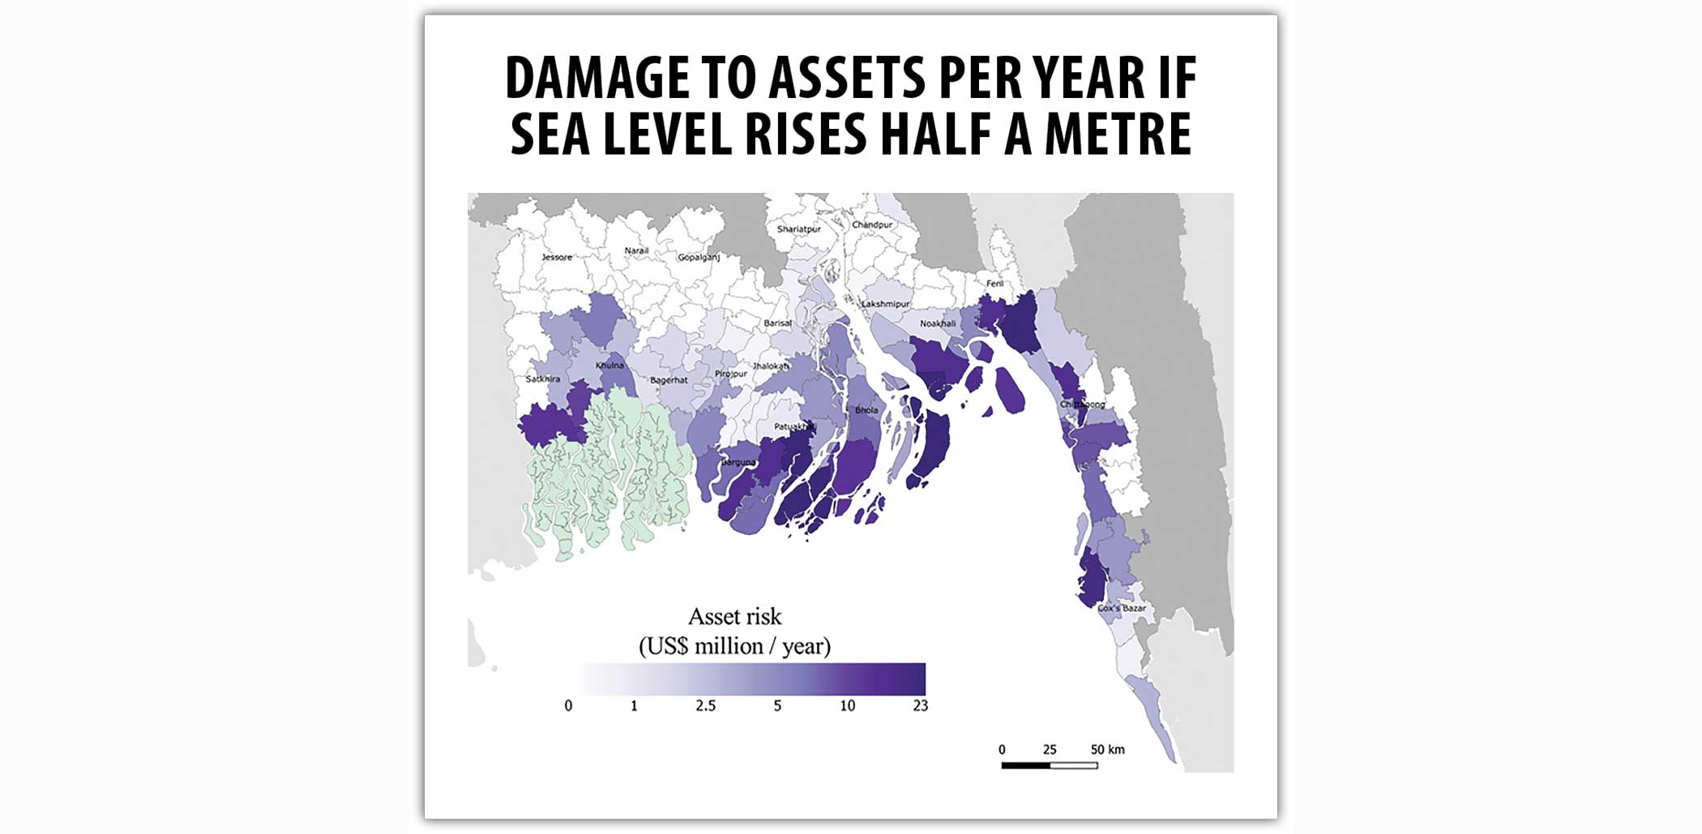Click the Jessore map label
[x=557, y=257]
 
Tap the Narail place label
[x=636, y=250]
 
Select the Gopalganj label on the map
[x=699, y=257]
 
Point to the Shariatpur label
[x=798, y=229]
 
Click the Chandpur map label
[x=872, y=225]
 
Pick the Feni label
[x=994, y=284]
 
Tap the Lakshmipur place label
[x=885, y=304]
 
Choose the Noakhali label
[x=938, y=323]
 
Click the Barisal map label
[x=777, y=323]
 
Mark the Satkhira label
[x=542, y=379]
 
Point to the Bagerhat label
[x=669, y=379]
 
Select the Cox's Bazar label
[x=1122, y=608]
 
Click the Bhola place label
[x=866, y=410]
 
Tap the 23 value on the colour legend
[x=920, y=706]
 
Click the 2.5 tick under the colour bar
[x=705, y=706]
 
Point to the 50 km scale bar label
[x=1107, y=750]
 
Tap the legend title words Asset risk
[x=734, y=617]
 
